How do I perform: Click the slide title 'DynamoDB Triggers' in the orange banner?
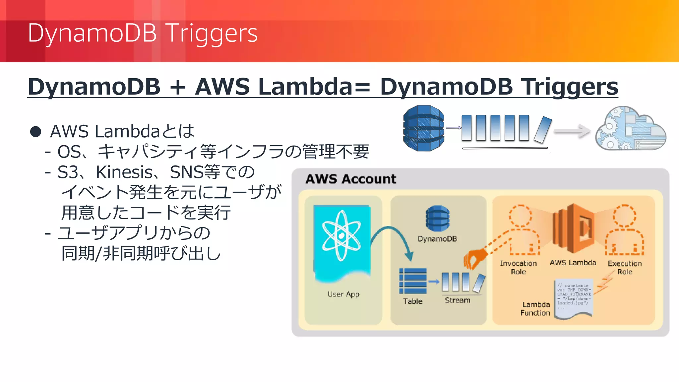143,33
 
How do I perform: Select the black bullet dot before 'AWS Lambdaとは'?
35,132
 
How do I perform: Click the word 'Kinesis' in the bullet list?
124,172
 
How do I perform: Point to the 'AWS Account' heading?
351,179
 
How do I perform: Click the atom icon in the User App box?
341,235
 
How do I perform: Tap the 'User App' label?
343,294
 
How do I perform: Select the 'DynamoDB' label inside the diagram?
437,239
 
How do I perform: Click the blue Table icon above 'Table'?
413,281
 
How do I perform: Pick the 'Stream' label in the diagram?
458,300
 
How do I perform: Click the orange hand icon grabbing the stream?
474,259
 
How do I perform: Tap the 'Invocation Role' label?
518,268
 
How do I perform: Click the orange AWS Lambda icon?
573,229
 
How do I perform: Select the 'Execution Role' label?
625,268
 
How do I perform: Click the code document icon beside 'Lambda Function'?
574,298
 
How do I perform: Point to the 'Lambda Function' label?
535,309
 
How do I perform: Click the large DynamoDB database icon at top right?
423,128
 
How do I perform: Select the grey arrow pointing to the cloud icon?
572,131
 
